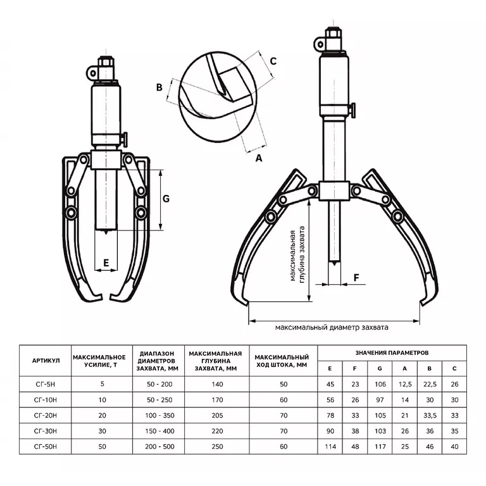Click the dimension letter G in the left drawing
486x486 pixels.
[166, 199]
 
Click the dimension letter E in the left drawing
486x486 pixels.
[106, 262]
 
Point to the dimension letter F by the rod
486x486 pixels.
[356, 277]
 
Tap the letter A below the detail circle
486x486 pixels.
[258, 159]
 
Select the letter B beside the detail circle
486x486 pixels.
[160, 87]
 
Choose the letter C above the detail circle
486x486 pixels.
[273, 61]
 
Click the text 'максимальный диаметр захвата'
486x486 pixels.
[332, 328]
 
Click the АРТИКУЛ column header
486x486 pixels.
[46, 359]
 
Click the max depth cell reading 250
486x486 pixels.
[216, 447]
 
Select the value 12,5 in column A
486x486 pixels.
[404, 383]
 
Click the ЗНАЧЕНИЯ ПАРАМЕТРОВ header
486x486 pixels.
[392, 351]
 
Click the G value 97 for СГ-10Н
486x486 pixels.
[379, 399]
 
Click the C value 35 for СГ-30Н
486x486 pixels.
[454, 432]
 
